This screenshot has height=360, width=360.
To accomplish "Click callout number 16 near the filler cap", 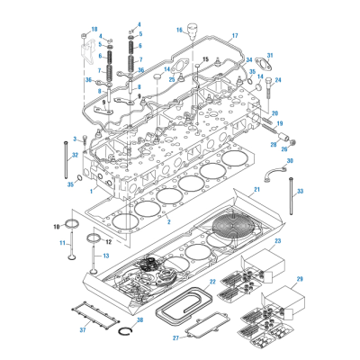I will click(179, 31).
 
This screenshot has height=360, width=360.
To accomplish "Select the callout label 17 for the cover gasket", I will click(235, 36).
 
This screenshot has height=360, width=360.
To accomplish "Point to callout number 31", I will click(269, 56).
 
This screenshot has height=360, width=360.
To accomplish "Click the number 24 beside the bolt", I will click(278, 80).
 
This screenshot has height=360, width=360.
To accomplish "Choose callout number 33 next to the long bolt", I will click(300, 191).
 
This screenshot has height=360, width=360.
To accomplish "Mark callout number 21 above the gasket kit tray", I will click(256, 190).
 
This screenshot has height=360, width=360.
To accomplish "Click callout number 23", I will click(277, 241).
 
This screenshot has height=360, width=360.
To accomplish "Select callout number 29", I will click(300, 280).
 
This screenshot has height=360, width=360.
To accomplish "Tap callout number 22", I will click(212, 282).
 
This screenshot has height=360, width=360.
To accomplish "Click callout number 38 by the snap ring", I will click(139, 319).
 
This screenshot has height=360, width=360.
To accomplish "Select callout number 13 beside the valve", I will click(104, 256).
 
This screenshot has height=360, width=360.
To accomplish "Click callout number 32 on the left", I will click(75, 155).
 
